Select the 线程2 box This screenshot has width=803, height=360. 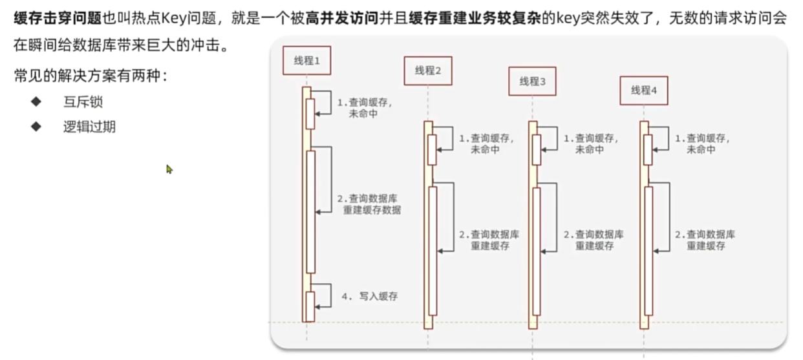(x=427, y=70)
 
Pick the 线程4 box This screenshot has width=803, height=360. (x=644, y=90)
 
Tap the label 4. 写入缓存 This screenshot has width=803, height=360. (x=369, y=297)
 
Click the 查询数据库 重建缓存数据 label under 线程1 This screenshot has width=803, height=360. (x=369, y=204)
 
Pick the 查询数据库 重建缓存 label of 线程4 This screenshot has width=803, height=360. (x=705, y=240)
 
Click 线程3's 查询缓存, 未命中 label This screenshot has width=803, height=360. (x=590, y=143)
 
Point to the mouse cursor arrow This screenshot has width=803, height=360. (x=169, y=169)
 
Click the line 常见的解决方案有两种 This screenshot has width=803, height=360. (x=90, y=76)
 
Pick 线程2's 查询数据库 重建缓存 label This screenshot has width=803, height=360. (x=489, y=240)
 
